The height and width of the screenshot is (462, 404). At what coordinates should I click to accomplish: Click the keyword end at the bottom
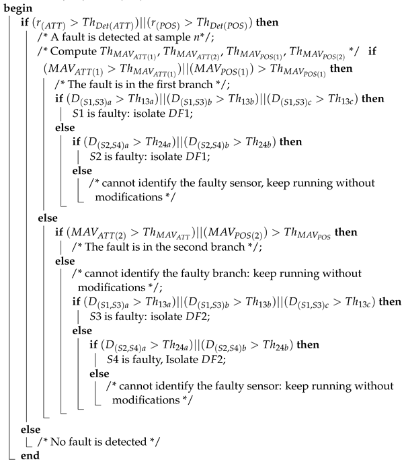30,455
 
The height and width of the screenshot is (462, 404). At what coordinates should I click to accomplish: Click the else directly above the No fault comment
31,427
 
